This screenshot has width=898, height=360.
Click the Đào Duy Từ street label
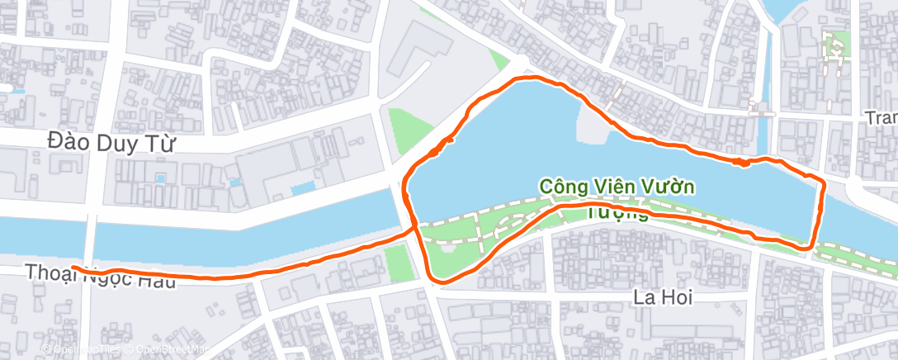[112, 143]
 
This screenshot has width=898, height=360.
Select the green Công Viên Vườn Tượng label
[617, 197]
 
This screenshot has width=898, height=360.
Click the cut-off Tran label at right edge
[881, 118]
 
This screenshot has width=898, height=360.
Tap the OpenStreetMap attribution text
[169, 350]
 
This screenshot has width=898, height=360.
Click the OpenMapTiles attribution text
[83, 350]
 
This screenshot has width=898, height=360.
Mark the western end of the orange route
[73, 268]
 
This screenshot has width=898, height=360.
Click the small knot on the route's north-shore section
[743, 162]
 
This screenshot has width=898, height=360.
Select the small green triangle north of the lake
[499, 60]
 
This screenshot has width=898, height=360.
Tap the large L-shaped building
[418, 58]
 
